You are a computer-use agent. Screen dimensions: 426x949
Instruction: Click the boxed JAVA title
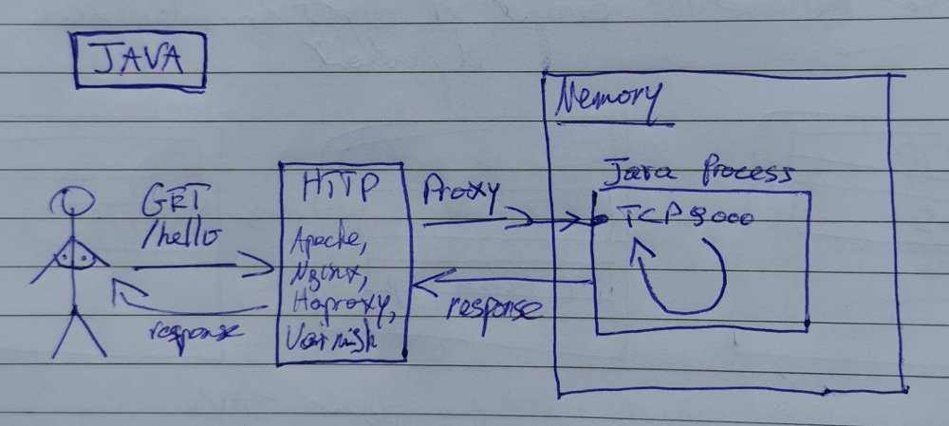click(139, 62)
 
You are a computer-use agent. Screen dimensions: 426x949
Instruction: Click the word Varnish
click(332, 338)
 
